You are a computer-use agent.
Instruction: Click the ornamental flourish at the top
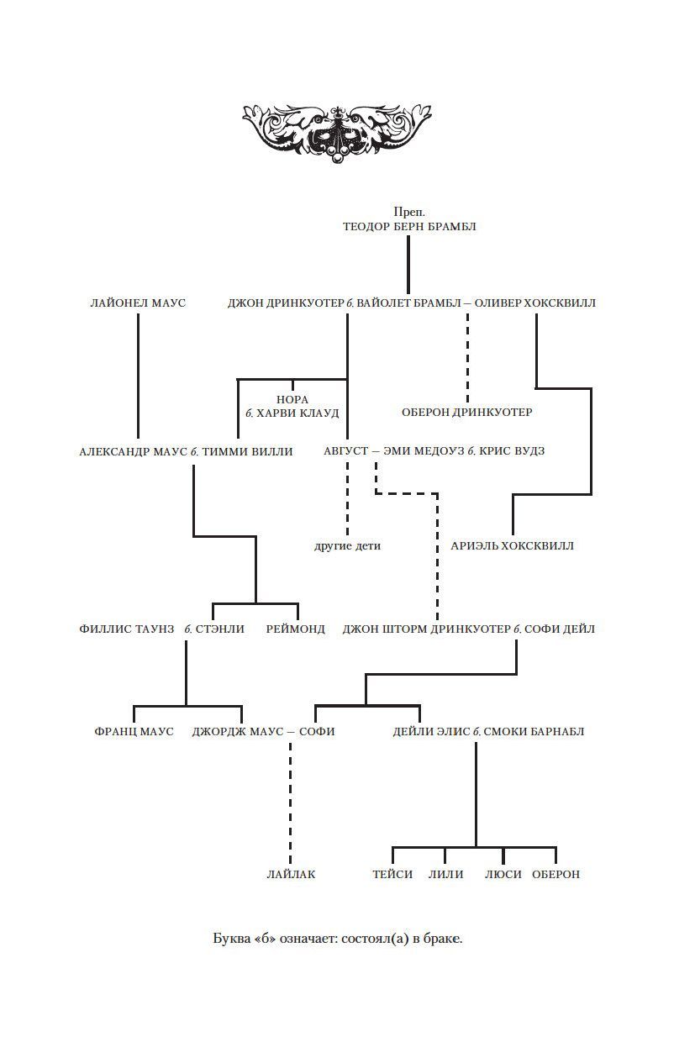point(336,131)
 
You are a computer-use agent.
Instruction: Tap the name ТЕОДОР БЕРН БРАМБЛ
point(409,226)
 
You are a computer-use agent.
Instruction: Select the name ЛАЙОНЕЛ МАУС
point(138,303)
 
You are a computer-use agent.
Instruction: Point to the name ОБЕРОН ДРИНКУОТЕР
point(467,412)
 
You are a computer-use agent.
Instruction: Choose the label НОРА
point(292,399)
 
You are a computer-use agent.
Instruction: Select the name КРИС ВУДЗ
point(513,451)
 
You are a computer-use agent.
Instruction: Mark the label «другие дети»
point(347,546)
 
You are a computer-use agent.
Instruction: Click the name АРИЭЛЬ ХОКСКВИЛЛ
point(513,546)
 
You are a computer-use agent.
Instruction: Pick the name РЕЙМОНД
point(296,629)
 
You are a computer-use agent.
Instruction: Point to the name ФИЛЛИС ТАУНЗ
point(127,629)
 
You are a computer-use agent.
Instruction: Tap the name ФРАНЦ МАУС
point(134,731)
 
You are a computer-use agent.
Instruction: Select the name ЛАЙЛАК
point(291,874)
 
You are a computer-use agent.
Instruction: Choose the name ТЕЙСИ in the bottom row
point(392,874)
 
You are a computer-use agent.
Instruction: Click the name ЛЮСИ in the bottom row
point(503,874)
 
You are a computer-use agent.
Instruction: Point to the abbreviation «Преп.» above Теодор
point(409,212)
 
